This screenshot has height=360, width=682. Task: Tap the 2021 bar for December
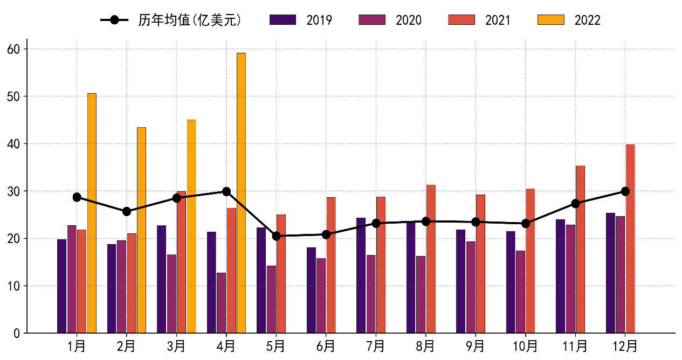[630, 239]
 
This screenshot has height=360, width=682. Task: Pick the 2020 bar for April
[221, 303]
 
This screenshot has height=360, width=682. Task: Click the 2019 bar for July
[361, 275]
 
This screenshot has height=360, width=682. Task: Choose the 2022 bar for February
[141, 230]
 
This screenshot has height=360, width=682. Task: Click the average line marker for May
[276, 236]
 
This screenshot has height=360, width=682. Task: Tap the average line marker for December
[625, 191]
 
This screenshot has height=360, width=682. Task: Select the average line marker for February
[127, 211]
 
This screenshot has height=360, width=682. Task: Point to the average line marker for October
[526, 223]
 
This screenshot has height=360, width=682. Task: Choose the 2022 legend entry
[569, 20]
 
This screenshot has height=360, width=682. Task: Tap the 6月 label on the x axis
[326, 345]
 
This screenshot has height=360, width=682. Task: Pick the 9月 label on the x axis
[476, 345]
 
